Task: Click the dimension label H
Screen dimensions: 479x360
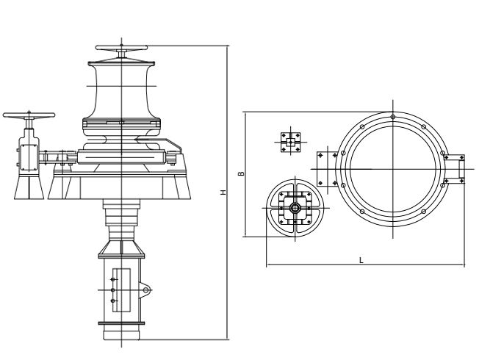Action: (224, 192)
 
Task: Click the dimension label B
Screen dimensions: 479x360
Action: (241, 173)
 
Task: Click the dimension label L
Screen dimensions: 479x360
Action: (361, 260)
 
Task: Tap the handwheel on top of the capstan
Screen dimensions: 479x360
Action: (121, 48)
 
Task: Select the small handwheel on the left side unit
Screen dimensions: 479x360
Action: (29, 115)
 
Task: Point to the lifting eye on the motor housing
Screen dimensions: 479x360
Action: (145, 289)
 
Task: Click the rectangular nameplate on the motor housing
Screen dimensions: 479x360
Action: (121, 290)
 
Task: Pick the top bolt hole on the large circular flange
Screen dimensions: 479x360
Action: (393, 116)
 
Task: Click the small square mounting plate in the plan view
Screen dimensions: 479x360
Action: (290, 142)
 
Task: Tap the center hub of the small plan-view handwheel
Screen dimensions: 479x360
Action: (295, 208)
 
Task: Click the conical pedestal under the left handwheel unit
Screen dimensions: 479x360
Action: (29, 187)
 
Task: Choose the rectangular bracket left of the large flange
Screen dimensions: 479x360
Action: (327, 169)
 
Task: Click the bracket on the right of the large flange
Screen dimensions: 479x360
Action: (454, 169)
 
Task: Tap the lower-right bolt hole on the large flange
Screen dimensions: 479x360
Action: (423, 212)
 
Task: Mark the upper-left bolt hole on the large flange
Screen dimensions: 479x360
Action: (362, 127)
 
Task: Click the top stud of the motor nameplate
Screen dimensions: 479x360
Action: (113, 279)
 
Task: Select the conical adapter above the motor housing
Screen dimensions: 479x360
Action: (121, 248)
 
